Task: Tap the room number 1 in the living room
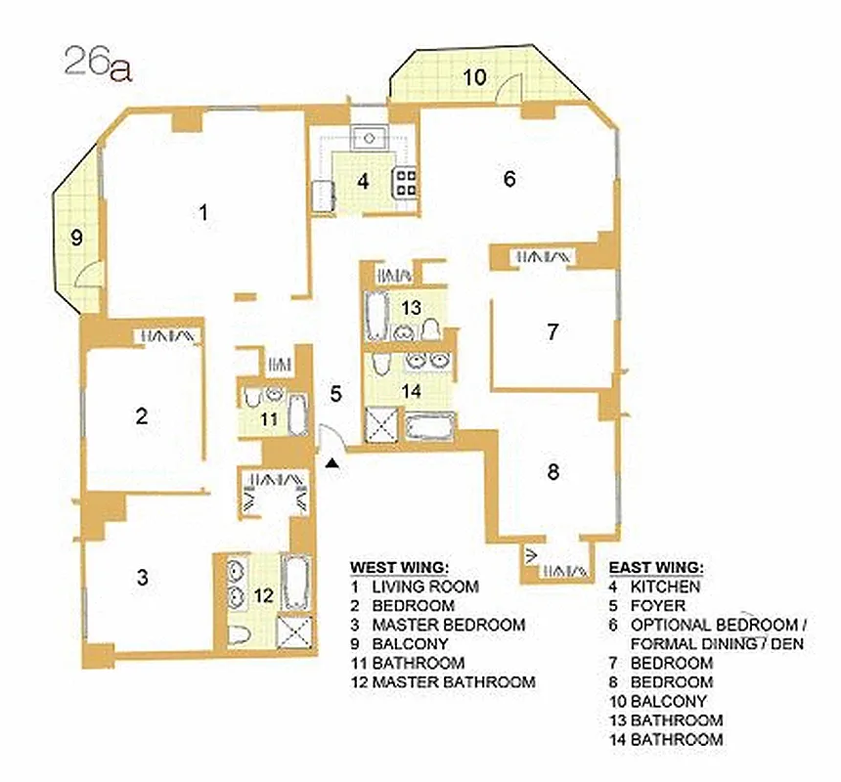point(203,211)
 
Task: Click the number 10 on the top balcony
point(473,77)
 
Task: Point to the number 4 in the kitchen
point(362,181)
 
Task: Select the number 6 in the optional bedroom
point(509,179)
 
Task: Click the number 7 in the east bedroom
point(553,331)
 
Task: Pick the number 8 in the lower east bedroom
point(553,473)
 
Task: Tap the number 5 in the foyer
point(335,395)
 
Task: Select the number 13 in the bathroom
point(411,307)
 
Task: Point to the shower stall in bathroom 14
point(377,425)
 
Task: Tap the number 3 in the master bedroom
point(143,577)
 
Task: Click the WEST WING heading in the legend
point(399,567)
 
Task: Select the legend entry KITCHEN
point(665,587)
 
